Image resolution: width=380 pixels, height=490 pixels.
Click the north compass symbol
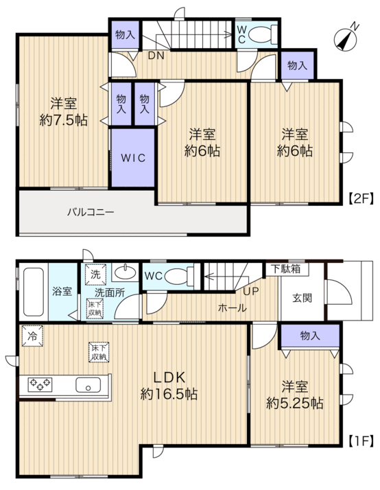346,39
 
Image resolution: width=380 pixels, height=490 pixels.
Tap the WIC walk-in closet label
133,158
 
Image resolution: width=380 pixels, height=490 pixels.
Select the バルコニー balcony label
91,212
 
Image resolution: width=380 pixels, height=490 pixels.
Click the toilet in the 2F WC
263,34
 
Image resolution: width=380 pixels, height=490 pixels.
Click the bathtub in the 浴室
34,292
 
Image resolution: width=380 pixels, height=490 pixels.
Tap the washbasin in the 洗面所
126,272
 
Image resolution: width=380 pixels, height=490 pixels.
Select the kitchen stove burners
40,384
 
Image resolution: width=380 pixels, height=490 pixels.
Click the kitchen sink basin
88,385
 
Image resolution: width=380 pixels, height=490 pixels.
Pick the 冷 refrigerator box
32,336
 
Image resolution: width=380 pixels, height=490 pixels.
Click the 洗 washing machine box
96,275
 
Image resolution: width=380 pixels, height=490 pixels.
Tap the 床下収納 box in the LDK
99,352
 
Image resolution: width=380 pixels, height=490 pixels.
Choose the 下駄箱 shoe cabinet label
286,269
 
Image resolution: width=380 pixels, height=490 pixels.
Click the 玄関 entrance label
302,298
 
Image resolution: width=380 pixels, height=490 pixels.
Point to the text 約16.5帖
169,394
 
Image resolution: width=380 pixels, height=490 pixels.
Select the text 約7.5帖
63,120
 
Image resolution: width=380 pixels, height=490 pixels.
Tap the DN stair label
156,56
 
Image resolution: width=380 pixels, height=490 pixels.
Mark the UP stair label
251,291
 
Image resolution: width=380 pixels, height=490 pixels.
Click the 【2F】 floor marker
361,198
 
